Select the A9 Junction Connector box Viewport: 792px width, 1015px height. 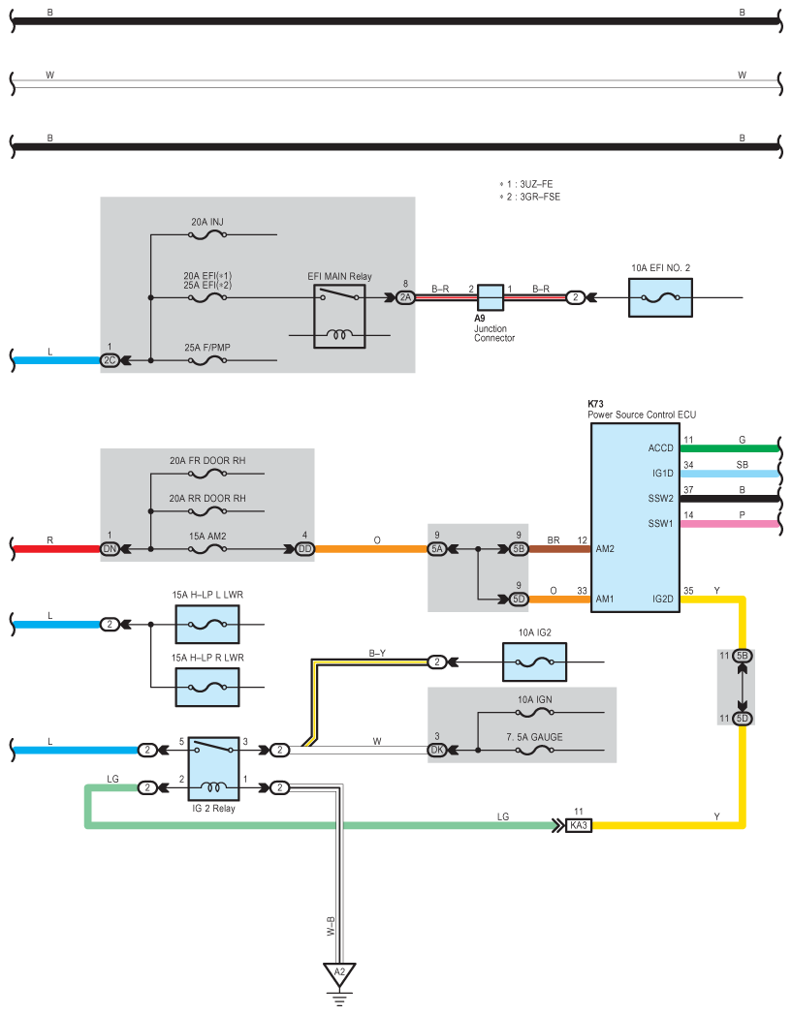point(491,297)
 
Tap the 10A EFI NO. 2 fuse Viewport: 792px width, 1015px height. point(660,297)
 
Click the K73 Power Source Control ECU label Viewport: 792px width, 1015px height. point(642,409)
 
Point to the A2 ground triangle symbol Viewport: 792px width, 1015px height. point(339,973)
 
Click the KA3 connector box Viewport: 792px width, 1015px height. point(579,825)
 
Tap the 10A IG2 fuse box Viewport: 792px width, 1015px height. point(535,661)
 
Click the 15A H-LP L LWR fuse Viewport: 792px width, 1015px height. point(207,624)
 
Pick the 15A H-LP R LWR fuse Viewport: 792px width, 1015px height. point(207,687)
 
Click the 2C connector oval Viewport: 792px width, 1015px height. point(110,360)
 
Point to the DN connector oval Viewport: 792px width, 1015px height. point(110,549)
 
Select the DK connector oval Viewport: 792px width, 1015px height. point(437,750)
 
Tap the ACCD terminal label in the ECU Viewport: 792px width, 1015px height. point(660,448)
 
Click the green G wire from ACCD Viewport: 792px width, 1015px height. point(730,448)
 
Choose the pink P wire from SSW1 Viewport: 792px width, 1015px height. point(730,524)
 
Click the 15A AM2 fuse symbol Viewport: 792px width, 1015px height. point(207,549)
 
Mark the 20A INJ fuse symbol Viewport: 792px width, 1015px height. point(207,235)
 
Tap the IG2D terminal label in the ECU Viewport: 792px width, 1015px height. point(662,599)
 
